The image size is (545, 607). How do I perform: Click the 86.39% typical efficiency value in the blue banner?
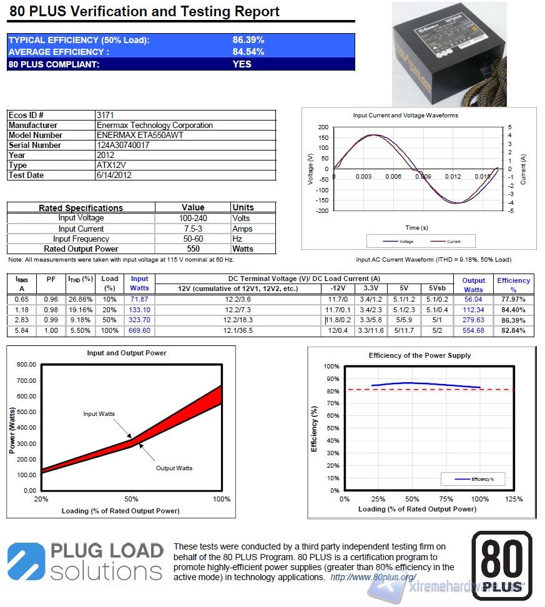tap(248, 40)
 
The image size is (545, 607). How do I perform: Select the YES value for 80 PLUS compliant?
tap(242, 64)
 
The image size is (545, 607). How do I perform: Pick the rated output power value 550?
tap(193, 249)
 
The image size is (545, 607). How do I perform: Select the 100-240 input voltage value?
tap(193, 218)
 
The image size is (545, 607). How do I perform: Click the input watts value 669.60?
tap(139, 330)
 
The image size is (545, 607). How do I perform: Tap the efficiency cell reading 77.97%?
tap(513, 299)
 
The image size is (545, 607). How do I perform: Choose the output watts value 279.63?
tap(473, 320)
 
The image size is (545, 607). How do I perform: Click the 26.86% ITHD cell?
tap(80, 299)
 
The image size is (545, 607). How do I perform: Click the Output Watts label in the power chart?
tap(174, 468)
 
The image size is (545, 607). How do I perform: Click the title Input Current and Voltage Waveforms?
tap(405, 116)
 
